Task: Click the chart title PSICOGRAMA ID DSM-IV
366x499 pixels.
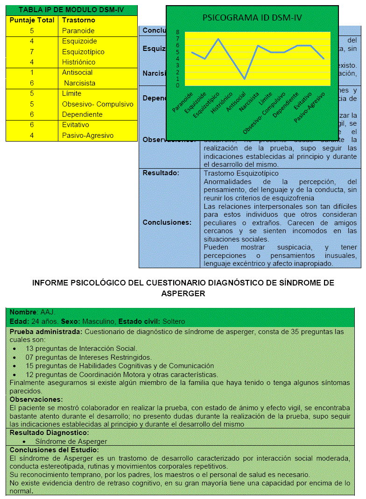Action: [252, 18]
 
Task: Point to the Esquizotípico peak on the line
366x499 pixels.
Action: [218, 39]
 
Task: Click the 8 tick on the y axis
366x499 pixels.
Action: [177, 32]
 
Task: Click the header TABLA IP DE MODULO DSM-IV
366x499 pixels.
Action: [71, 10]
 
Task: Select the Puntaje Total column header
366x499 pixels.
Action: [32, 20]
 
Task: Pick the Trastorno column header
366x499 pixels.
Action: [78, 20]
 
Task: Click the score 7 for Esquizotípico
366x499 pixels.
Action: [32, 51]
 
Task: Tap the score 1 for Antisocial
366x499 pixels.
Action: [32, 72]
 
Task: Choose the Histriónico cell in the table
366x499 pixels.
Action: [78, 62]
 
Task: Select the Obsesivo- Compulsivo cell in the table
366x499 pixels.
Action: [98, 104]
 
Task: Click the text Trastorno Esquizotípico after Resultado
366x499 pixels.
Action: [241, 173]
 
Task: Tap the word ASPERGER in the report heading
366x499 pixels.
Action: [183, 293]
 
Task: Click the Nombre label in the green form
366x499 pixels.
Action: [23, 312]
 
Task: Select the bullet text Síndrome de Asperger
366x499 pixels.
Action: [71, 441]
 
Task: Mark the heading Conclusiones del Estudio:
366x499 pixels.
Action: [54, 449]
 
